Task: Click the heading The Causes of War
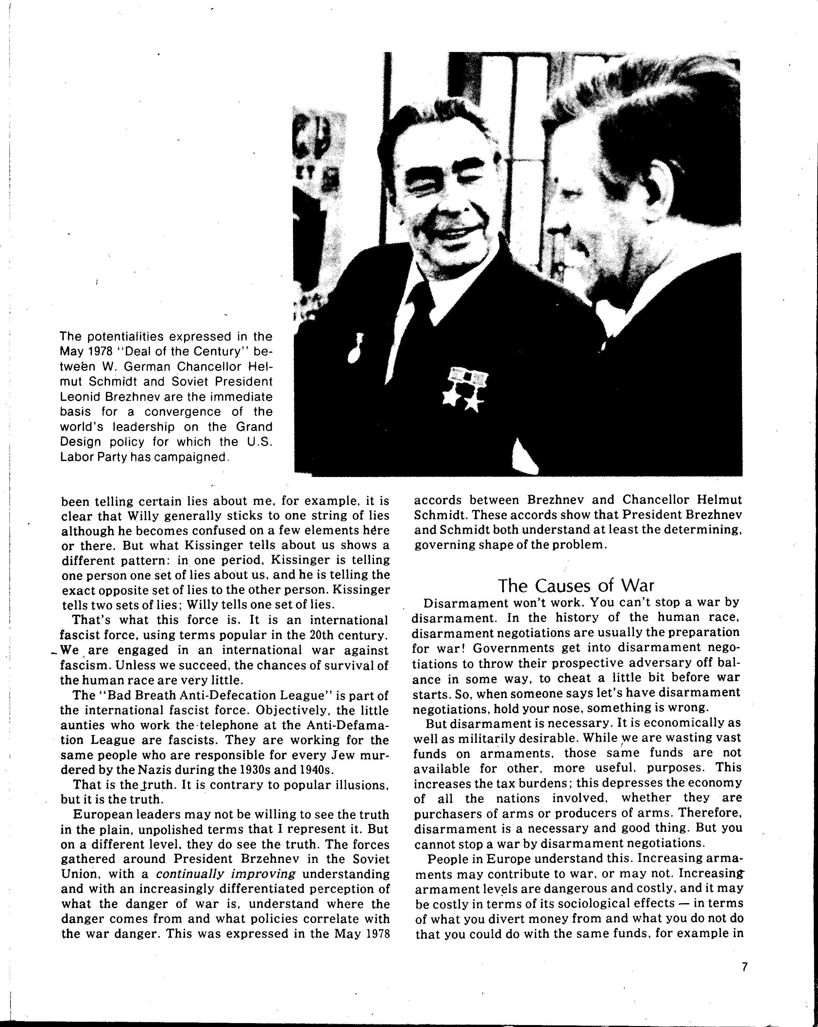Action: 576,585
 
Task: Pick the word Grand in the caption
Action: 256,427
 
